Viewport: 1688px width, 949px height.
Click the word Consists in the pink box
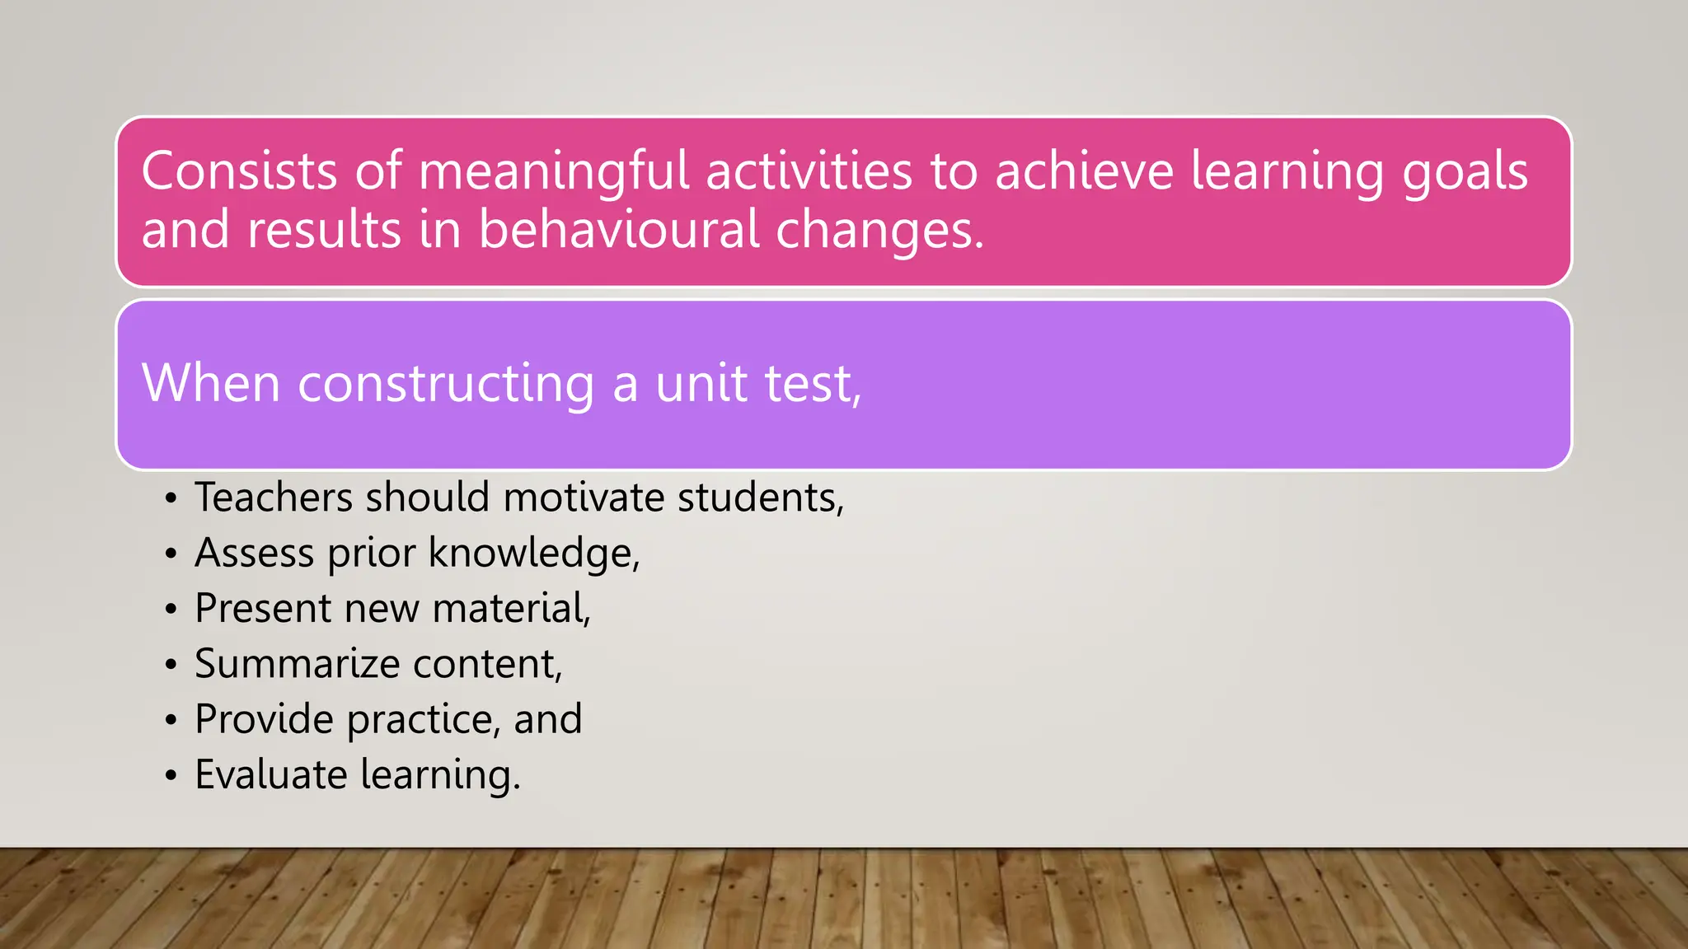tap(239, 171)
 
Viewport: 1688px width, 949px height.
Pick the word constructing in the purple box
tap(445, 384)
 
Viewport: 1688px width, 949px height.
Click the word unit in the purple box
tap(700, 384)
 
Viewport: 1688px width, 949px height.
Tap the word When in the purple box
tap(211, 384)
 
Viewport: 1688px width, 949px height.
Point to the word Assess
tap(254, 553)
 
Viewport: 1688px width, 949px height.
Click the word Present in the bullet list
tap(263, 609)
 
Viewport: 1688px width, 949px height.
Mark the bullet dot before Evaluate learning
tap(171, 776)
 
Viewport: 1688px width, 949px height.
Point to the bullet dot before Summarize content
tap(171, 665)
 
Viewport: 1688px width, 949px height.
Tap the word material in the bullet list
tap(510, 609)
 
